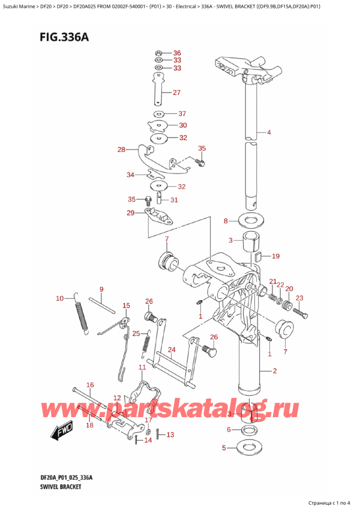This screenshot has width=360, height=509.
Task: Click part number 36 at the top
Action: (x=177, y=52)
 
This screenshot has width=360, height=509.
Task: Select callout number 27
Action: (x=176, y=92)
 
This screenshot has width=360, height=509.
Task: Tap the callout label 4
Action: (x=269, y=132)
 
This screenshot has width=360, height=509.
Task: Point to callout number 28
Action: (x=122, y=149)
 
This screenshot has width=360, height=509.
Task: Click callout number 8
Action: (x=226, y=221)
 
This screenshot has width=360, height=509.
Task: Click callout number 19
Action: (x=275, y=256)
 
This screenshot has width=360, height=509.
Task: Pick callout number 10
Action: (x=59, y=298)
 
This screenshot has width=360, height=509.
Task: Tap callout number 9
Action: (x=101, y=289)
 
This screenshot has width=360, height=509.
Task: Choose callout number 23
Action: (x=299, y=298)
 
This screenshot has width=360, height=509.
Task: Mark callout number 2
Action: (x=274, y=371)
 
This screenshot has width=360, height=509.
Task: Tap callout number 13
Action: (x=170, y=435)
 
